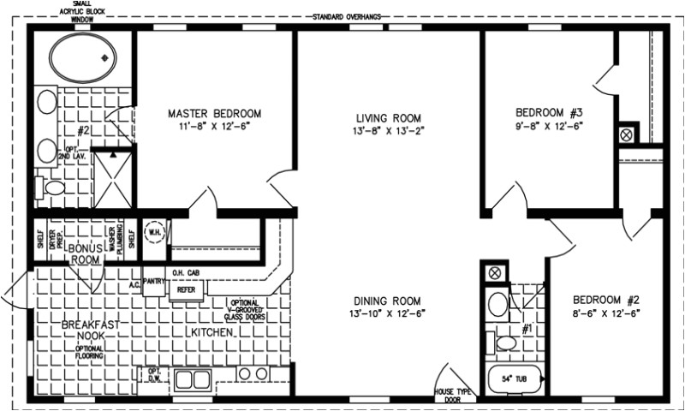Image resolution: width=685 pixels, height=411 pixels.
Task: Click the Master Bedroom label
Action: [x=214, y=113]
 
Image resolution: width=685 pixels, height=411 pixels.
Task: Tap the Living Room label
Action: [x=390, y=117]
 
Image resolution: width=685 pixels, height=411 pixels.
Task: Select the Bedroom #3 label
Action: [x=549, y=113]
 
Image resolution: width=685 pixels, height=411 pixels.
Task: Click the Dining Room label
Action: [x=390, y=301]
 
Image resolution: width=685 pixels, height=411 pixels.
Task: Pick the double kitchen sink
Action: [x=192, y=378]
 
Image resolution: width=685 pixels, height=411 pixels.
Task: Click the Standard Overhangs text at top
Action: [x=347, y=16]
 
